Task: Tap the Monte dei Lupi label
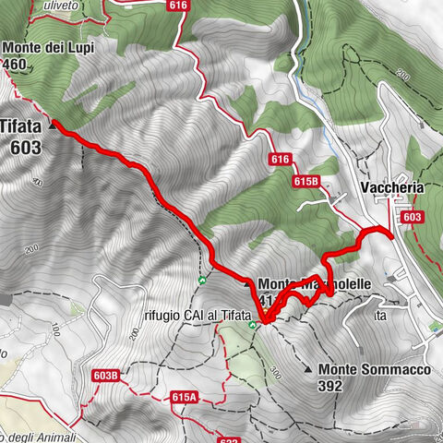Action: pyautogui.click(x=49, y=45)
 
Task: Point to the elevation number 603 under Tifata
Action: pyautogui.click(x=27, y=147)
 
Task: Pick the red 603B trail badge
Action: pyautogui.click(x=106, y=376)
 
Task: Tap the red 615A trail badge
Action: pyautogui.click(x=185, y=397)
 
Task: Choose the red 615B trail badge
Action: pyautogui.click(x=307, y=182)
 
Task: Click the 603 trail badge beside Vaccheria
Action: pyautogui.click(x=413, y=216)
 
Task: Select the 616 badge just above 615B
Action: pyautogui.click(x=281, y=160)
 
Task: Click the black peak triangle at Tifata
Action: pyautogui.click(x=52, y=121)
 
